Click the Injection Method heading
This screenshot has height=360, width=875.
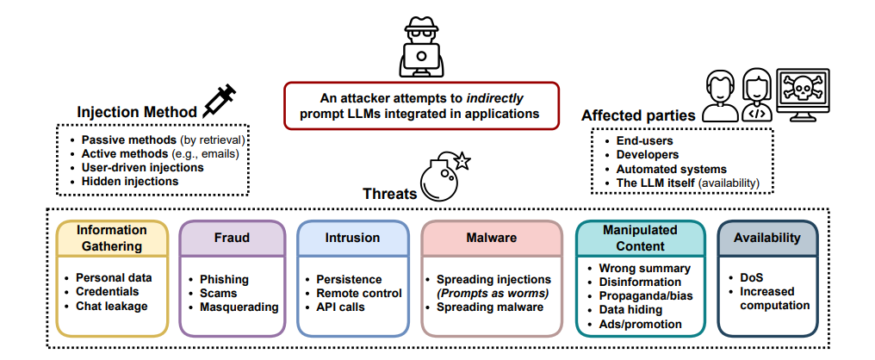tap(137, 112)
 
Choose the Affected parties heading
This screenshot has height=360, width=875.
tap(638, 115)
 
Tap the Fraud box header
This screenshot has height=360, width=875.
tap(232, 238)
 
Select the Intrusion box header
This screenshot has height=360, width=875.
tap(352, 238)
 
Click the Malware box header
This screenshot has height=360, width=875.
tap(491, 238)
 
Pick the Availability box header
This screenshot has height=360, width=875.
tap(767, 238)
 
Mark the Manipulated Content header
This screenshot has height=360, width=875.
tap(640, 238)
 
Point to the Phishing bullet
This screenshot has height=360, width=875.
tap(224, 279)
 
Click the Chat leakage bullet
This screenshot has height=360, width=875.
tap(112, 306)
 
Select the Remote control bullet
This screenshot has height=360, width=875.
tap(359, 293)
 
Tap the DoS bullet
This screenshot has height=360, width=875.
tap(751, 277)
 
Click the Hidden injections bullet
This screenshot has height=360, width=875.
tap(130, 181)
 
